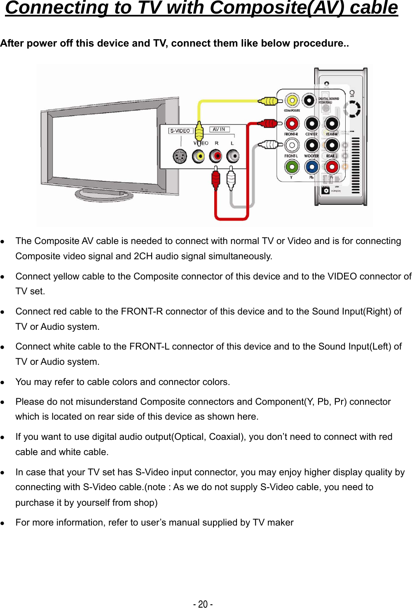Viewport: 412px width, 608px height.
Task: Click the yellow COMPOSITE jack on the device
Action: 292,100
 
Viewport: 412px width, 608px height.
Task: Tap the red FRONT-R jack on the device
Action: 292,123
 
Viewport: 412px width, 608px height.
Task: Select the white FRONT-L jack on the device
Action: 292,145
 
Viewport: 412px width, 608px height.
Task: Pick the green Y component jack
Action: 292,167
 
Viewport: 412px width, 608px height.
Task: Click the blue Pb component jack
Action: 312,167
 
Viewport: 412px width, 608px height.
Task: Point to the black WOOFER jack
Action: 312,145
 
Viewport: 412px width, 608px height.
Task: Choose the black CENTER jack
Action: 312,123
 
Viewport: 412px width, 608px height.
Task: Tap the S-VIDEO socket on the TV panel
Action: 180,156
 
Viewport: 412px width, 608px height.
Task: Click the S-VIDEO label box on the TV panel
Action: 180,131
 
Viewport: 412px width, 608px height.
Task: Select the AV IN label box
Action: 219,129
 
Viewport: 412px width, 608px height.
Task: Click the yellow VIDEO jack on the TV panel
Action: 199,156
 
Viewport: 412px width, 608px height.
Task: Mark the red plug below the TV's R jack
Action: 215,178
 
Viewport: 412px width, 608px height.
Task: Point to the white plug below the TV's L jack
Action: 231,178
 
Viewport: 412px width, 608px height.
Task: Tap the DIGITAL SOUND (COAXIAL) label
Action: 328,100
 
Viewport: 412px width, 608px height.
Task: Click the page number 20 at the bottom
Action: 203,604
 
